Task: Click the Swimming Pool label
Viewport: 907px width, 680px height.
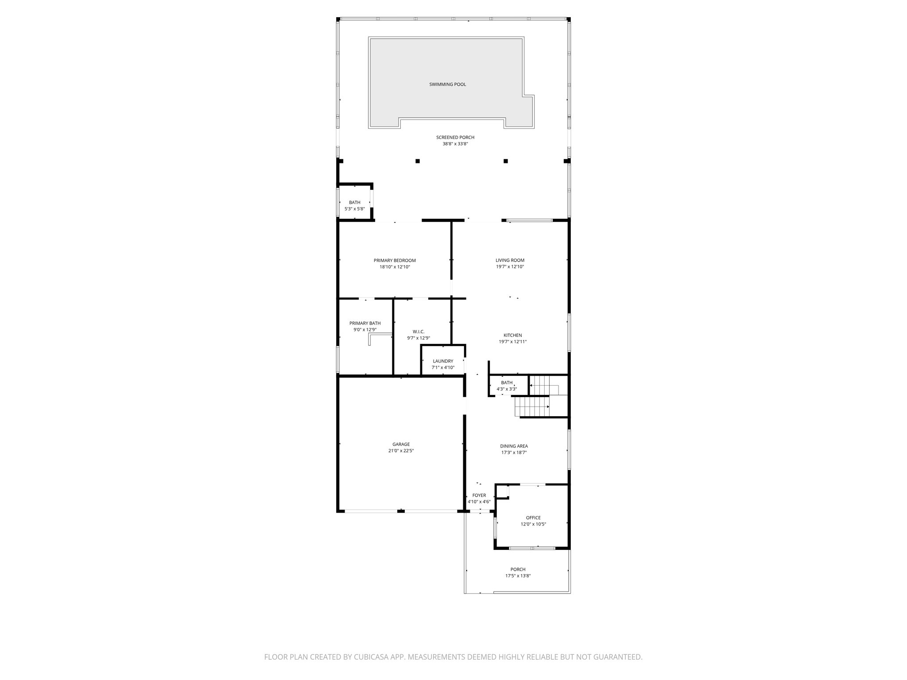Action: (447, 85)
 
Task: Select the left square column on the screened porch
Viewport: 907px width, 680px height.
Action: (417, 161)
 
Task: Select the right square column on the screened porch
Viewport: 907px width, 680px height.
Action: (505, 161)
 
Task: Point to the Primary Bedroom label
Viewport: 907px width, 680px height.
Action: (395, 260)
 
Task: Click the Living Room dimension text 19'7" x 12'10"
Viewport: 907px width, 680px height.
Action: (510, 267)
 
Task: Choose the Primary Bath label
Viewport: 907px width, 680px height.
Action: (365, 323)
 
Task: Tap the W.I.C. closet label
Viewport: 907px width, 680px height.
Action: (419, 332)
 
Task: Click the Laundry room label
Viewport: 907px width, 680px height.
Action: (443, 361)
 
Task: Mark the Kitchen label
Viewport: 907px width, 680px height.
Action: (512, 335)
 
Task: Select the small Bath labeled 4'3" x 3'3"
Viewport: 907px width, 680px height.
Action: (507, 386)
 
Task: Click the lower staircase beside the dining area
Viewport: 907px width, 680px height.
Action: (531, 407)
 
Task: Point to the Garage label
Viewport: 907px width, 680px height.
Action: (401, 444)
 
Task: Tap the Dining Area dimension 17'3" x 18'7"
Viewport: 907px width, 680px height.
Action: (514, 452)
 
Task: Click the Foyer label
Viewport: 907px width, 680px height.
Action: (479, 495)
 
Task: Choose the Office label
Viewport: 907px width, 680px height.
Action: (533, 518)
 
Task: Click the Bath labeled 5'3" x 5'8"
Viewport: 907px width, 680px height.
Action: (354, 205)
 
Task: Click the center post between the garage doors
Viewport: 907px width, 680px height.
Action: (401, 511)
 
